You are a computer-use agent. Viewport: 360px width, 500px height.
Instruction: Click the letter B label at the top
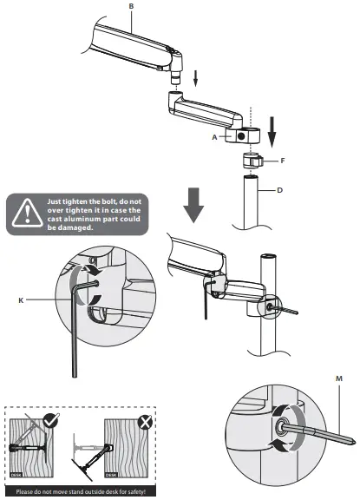pyautogui.click(x=132, y=6)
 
